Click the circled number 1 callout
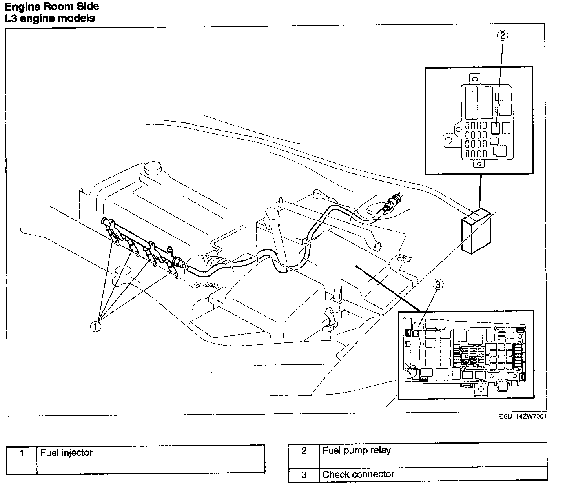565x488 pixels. (95, 326)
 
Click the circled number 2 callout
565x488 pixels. (503, 35)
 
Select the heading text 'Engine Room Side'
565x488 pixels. (52, 7)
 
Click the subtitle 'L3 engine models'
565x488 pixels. (50, 18)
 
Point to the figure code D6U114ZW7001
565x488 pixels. (522, 416)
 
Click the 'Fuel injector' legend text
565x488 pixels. (66, 453)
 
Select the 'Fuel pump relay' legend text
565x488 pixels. (356, 450)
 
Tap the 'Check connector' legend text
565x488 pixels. (358, 474)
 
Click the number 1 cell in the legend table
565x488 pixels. (22, 453)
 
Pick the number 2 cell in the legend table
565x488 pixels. (304, 451)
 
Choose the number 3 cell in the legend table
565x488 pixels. (304, 475)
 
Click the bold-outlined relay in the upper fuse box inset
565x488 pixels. (496, 128)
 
